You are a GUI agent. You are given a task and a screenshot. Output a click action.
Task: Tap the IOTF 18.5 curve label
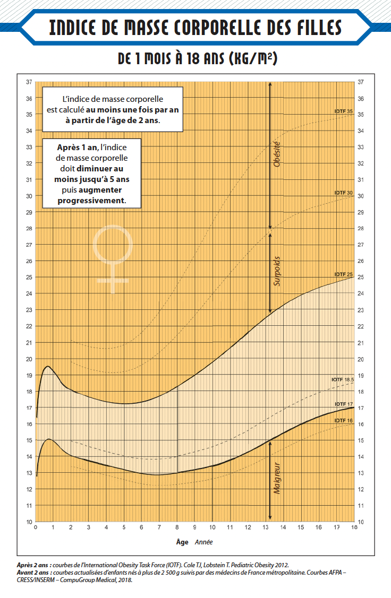pos(342,379)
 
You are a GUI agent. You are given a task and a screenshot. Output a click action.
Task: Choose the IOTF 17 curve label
pos(344,404)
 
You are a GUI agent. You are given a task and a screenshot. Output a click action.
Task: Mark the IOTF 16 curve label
pos(344,420)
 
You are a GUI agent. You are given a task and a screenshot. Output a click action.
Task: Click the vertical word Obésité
pos(277,154)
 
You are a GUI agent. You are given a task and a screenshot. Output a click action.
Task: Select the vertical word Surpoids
pos(277,272)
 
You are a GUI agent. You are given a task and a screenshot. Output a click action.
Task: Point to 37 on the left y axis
pos(29,82)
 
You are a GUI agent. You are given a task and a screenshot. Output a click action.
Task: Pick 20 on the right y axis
pos(361,359)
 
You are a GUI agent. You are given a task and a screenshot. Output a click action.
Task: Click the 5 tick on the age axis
pos(124,527)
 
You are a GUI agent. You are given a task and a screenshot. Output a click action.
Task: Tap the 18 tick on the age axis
pos(353,527)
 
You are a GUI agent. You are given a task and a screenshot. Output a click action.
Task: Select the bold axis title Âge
pos(182,542)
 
